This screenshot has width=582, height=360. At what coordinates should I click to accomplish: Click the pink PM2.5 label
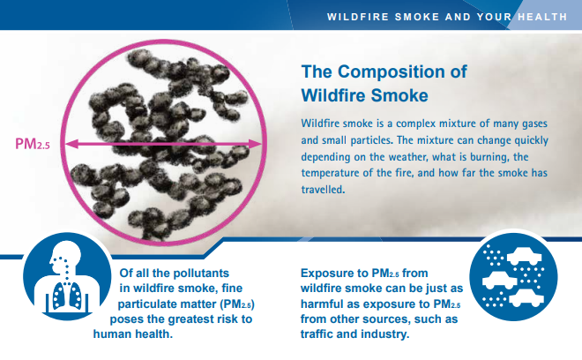pos(33,144)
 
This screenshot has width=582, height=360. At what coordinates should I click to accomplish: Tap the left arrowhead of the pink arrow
pos(71,144)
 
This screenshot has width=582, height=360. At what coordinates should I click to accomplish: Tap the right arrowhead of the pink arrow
pos(256,144)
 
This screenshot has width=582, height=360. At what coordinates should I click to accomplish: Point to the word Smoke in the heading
pos(399,95)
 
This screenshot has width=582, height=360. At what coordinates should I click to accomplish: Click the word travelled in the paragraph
pos(323,190)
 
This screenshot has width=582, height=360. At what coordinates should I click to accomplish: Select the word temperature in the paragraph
pos(326,173)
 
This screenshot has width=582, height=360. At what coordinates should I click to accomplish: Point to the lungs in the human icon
pos(67,296)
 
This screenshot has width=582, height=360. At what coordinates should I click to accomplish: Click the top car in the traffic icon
pos(524,256)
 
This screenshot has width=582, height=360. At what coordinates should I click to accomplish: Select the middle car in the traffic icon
pos(500,280)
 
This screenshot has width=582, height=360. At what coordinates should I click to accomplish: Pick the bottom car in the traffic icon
pos(526,298)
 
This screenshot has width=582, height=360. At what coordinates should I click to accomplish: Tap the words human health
pos(133,334)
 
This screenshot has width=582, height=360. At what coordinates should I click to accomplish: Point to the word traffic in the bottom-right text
pos(317,334)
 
